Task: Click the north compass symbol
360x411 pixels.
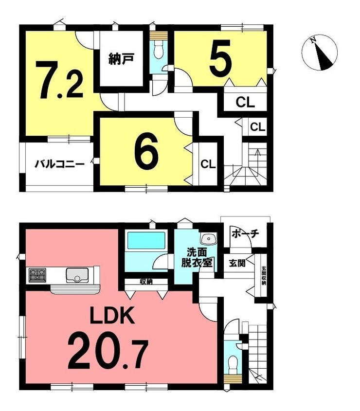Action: (x=320, y=53)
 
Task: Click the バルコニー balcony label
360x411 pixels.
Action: (x=59, y=164)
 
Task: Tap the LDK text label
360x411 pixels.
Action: (x=112, y=317)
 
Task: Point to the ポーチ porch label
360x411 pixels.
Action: (x=245, y=233)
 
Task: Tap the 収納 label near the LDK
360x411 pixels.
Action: (x=146, y=282)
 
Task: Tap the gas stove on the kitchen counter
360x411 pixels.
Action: (x=37, y=276)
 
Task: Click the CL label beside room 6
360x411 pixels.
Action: (x=208, y=164)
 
